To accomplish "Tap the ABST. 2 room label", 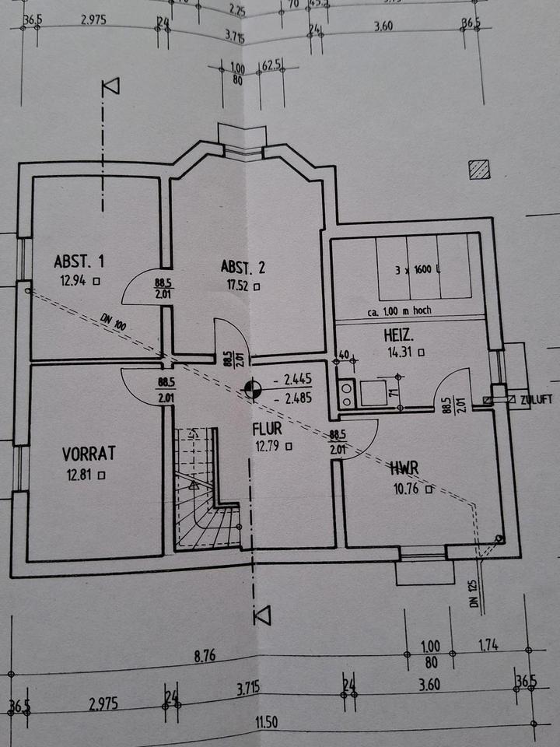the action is pyautogui.click(x=243, y=268).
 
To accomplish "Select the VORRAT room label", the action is pyautogui.click(x=89, y=453).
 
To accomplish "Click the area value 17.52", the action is pyautogui.click(x=236, y=286).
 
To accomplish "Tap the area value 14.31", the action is pyautogui.click(x=397, y=352).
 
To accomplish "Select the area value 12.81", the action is pyautogui.click(x=81, y=472).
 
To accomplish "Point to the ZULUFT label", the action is pyautogui.click(x=536, y=399).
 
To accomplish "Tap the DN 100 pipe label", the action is pyautogui.click(x=113, y=323).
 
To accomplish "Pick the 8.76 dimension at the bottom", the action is pyautogui.click(x=204, y=656).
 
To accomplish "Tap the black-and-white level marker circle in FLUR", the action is pyautogui.click(x=251, y=388).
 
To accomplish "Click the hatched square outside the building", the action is pyautogui.click(x=478, y=169).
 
